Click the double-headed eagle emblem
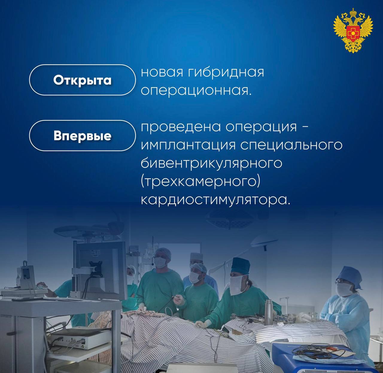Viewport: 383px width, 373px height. coord(353,33)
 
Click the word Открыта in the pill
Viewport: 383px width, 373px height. coord(82,80)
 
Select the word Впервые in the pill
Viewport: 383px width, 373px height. coord(82,136)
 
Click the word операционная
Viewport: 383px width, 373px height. coord(196,91)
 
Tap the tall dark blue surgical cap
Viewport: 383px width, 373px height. coord(240,266)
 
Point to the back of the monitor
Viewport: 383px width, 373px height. coord(100,269)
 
